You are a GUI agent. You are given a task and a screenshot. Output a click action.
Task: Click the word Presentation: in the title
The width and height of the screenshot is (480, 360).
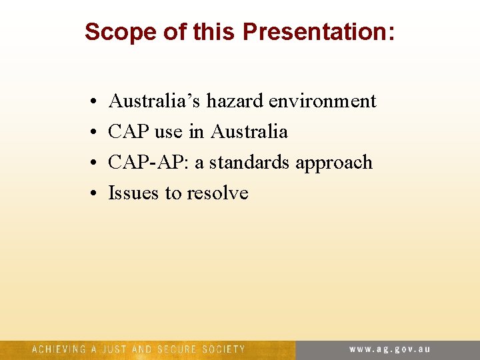tap(318, 31)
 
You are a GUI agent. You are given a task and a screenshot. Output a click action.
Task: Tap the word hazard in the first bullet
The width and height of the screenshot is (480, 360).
tap(235, 101)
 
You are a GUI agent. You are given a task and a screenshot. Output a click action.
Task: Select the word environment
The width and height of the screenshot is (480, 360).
tap(323, 101)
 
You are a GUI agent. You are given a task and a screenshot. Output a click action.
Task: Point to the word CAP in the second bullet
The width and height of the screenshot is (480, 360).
tap(129, 131)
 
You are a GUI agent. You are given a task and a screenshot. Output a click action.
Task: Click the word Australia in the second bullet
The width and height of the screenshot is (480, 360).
tap(249, 131)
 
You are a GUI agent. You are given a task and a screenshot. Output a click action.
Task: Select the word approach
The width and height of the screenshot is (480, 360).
tap(334, 163)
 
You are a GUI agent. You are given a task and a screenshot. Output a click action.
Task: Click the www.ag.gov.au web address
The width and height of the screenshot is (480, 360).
tap(390, 349)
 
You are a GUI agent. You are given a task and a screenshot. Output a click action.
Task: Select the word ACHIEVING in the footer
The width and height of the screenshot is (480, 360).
tap(59, 349)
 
